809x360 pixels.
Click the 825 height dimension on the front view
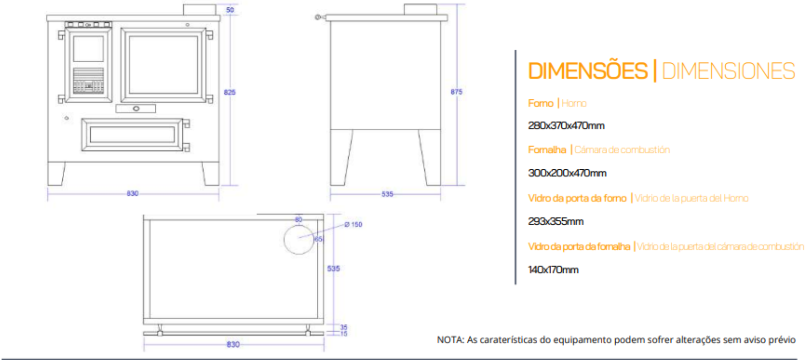click(230, 92)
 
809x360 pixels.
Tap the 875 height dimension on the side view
click(457, 92)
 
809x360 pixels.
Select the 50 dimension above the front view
click(230, 10)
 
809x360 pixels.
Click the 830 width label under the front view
click(132, 194)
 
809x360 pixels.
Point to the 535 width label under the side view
click(387, 194)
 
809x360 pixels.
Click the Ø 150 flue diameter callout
click(353, 225)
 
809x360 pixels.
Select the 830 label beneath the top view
click(233, 344)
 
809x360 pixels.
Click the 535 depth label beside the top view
click(333, 269)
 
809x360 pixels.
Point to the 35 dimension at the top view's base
click(344, 327)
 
